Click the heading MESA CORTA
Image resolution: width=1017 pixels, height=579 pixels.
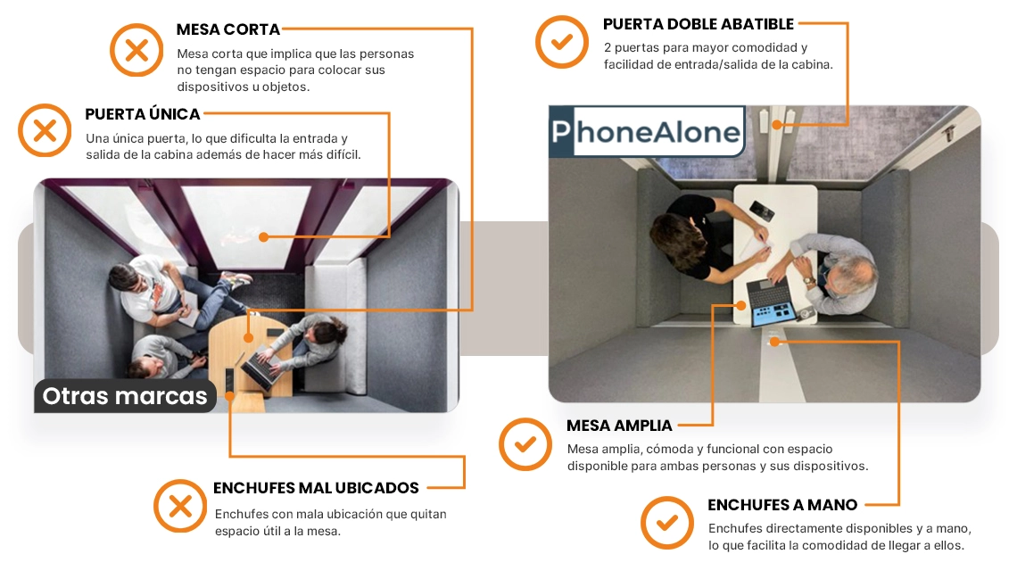[227, 29]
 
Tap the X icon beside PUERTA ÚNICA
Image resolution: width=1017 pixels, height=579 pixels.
[45, 130]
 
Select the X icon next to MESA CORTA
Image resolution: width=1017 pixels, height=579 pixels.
[136, 50]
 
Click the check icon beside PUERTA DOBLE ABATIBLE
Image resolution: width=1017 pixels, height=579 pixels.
[562, 42]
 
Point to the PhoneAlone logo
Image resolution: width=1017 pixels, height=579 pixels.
[646, 132]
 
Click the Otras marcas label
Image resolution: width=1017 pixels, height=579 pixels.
[125, 395]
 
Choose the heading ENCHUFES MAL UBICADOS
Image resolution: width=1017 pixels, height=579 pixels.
[316, 488]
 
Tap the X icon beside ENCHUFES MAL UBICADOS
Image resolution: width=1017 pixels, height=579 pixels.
[180, 506]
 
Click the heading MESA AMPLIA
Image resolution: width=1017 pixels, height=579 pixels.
[619, 426]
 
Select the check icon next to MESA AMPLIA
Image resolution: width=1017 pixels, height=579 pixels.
[525, 444]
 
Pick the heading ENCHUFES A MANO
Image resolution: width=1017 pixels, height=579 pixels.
[782, 504]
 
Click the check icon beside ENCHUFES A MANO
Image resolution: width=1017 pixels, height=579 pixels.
[666, 523]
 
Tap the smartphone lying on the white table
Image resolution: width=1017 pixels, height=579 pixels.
[762, 211]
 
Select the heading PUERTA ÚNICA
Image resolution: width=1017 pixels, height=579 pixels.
[143, 114]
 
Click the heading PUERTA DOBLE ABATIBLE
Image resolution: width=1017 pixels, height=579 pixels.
[698, 24]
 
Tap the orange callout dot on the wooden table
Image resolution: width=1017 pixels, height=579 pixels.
[248, 338]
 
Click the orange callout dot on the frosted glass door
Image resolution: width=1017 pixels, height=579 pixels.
[263, 237]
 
